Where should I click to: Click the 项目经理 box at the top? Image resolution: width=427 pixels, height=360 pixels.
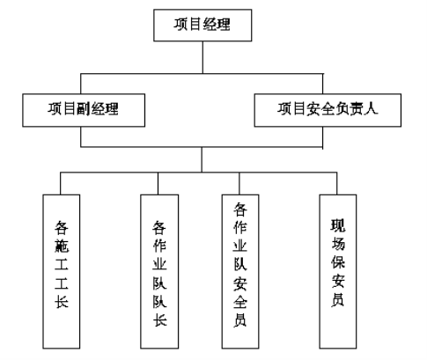[x=202, y=26]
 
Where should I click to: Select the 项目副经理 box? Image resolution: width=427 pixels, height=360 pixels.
[x=84, y=110]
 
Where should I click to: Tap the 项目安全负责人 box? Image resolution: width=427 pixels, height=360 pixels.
[x=328, y=110]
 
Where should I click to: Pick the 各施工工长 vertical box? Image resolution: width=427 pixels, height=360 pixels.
[x=62, y=272]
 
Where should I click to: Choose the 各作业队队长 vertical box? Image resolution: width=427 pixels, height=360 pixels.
[x=159, y=272]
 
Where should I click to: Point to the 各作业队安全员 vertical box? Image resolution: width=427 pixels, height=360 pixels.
[x=240, y=272]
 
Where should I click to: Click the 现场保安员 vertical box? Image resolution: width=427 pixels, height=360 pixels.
[x=338, y=272]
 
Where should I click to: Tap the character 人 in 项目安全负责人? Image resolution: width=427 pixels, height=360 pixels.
[x=371, y=108]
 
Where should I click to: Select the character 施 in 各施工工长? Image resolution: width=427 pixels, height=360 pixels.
[x=62, y=246]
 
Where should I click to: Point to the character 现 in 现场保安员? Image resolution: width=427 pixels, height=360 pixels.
[x=338, y=225]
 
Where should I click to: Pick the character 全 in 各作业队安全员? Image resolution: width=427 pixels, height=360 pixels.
[x=240, y=301]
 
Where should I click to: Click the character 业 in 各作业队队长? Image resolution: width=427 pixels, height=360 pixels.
[x=159, y=263]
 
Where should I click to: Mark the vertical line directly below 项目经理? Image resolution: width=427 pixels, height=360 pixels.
[x=202, y=57]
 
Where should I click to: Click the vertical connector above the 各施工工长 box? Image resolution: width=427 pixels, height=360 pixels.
[x=61, y=183]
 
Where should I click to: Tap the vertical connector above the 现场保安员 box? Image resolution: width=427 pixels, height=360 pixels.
[x=336, y=183]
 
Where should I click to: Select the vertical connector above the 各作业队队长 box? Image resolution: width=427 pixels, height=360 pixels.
[x=158, y=183]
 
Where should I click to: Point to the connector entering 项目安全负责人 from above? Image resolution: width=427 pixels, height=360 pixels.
[x=323, y=84]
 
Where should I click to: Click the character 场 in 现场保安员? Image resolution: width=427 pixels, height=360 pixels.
[x=338, y=244]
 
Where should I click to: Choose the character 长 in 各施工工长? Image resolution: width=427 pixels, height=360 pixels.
[x=62, y=301]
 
